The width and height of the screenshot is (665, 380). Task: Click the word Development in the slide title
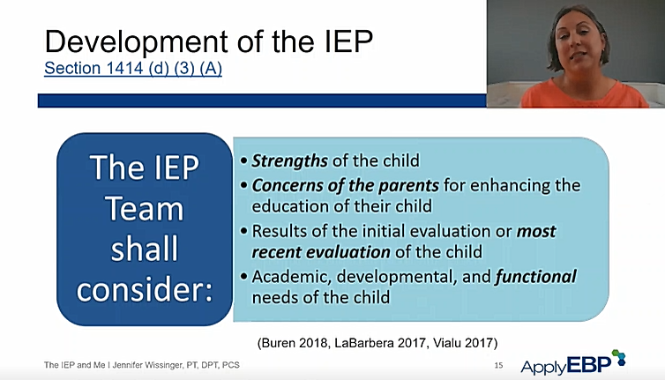[137, 42]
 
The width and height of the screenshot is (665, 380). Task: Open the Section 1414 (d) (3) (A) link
[133, 69]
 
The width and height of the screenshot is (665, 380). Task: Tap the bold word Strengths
[289, 161]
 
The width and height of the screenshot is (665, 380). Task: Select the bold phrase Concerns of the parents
[345, 185]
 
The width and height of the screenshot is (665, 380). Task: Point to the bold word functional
[536, 277]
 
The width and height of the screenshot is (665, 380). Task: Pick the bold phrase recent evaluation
[321, 252]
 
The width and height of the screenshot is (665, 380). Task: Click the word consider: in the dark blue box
[145, 290]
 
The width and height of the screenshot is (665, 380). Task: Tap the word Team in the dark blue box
[145, 209]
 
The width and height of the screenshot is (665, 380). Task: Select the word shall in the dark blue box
[145, 249]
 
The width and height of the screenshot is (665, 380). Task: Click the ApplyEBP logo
[573, 362]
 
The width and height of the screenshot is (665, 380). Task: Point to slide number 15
[499, 365]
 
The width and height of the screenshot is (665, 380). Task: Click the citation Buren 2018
[293, 343]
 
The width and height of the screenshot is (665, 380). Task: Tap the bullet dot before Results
[243, 231]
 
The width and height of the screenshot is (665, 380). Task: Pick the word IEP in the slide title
[348, 42]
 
